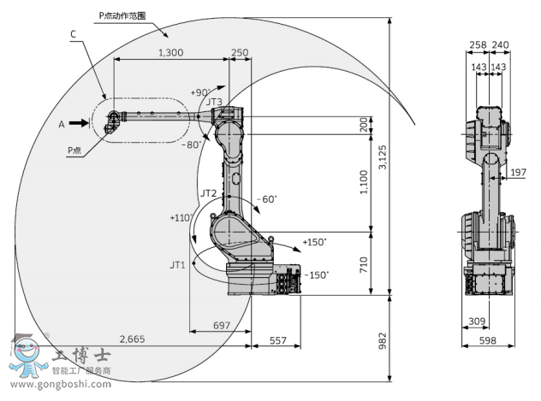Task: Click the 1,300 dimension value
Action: click(x=170, y=53)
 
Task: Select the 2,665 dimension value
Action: click(x=132, y=339)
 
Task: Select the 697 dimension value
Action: click(x=220, y=326)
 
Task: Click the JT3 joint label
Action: click(x=214, y=102)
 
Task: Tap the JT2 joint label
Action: click(x=208, y=193)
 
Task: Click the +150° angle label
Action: click(x=314, y=243)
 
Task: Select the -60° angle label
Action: click(x=267, y=198)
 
